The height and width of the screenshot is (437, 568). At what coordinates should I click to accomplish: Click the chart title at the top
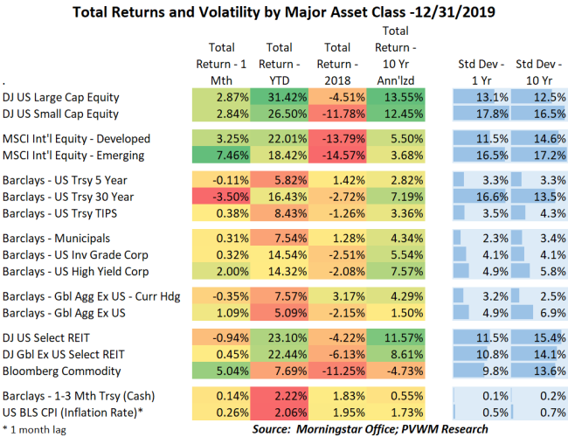(x=284, y=13)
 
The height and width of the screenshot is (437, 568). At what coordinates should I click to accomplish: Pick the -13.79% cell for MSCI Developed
(x=337, y=138)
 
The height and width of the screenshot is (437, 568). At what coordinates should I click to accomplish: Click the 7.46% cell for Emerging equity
(x=222, y=155)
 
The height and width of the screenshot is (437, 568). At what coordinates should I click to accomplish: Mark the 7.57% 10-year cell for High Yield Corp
(x=395, y=270)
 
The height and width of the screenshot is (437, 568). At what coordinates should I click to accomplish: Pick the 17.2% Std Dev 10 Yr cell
(x=537, y=155)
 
